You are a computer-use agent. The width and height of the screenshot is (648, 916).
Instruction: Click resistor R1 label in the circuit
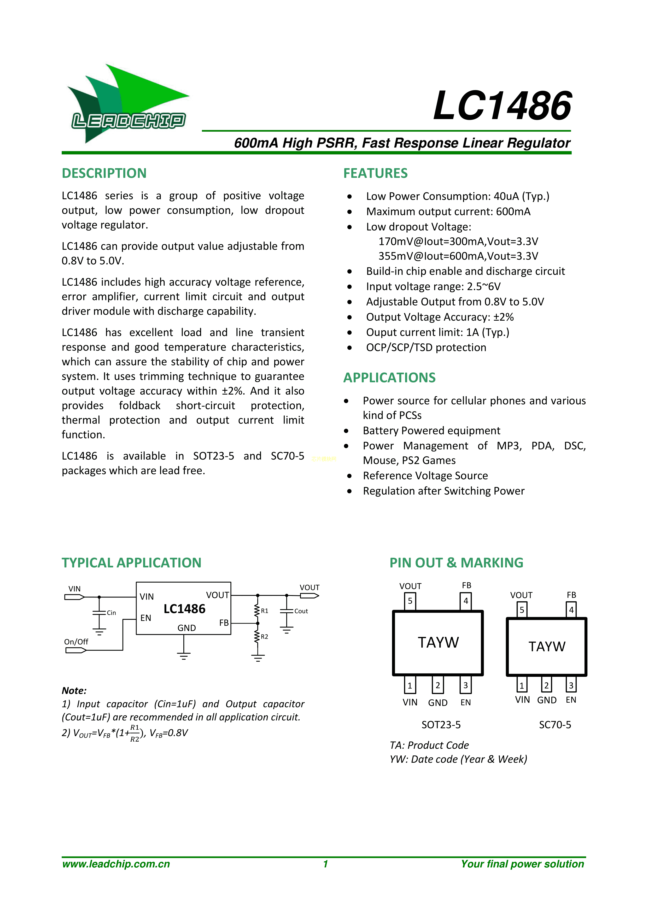[x=265, y=611]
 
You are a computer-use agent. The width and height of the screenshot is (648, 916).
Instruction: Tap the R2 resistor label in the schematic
[x=265, y=636]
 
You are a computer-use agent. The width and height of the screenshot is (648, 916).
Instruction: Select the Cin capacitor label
[x=111, y=613]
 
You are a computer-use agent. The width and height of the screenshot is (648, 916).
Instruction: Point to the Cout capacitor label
[x=301, y=611]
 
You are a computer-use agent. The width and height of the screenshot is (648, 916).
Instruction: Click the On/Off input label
[x=76, y=642]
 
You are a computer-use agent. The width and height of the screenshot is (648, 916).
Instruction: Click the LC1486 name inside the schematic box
[x=184, y=609]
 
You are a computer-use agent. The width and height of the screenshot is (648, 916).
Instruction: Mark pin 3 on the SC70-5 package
[x=571, y=685]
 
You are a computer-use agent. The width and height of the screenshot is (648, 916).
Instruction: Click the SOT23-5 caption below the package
[x=441, y=725]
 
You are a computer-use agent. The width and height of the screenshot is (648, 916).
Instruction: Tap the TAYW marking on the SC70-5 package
[x=547, y=646]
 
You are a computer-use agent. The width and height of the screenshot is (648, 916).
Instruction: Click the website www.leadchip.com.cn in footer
[x=116, y=864]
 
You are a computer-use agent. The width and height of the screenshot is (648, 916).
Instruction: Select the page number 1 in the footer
[x=326, y=864]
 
